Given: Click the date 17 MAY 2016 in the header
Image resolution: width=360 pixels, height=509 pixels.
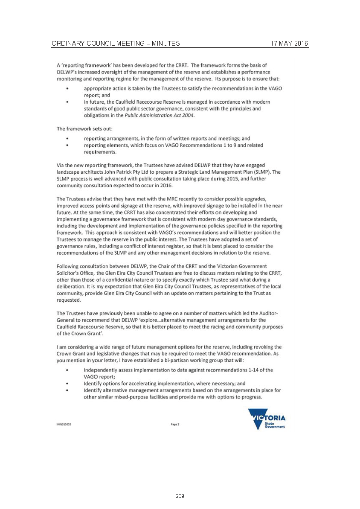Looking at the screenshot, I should coord(289,44).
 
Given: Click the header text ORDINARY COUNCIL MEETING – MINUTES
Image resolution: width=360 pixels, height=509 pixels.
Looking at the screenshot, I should coord(115,44).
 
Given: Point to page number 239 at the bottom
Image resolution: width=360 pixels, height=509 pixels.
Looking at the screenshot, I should coord(180,496).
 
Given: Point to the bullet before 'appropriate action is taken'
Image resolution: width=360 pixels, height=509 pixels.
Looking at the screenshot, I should coord(67,88).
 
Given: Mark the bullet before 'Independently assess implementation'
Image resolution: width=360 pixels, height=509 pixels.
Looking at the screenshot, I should coord(67,369).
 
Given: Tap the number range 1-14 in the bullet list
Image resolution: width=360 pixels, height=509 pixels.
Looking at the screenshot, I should coord(253,369).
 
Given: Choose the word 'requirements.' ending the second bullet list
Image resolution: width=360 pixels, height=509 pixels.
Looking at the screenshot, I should coord(100,151).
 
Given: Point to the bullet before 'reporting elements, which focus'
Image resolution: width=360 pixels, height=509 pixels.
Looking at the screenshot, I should coord(67,145).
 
